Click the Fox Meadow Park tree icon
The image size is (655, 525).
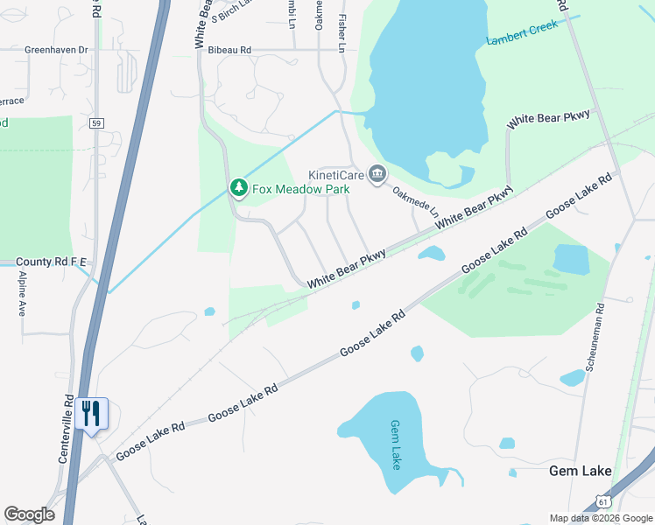[237, 187]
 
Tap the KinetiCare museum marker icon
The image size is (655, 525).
[377, 174]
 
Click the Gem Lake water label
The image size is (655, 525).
[395, 444]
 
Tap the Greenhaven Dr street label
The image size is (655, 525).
[57, 50]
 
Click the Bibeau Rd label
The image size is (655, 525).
[229, 51]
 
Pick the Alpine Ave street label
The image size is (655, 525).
[22, 293]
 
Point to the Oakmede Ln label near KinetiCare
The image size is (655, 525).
[414, 200]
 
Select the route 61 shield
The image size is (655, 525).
[602, 501]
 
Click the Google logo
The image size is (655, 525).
[29, 514]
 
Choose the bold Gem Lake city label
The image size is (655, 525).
[580, 471]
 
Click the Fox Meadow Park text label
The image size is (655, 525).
[301, 189]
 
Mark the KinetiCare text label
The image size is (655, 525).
[335, 174]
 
